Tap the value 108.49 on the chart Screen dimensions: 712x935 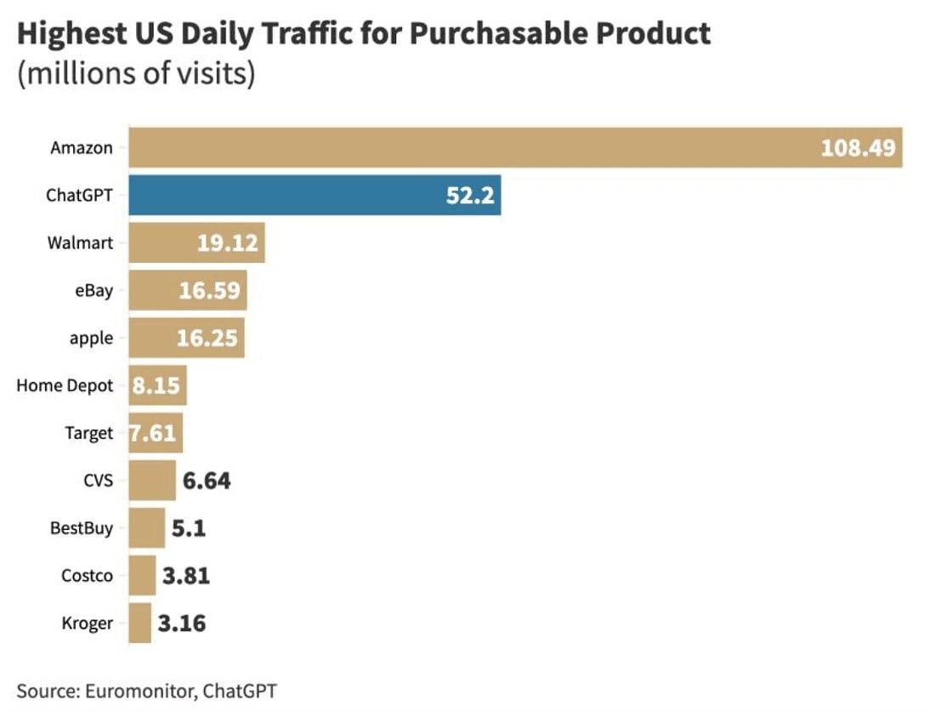[858, 148]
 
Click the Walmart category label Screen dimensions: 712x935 [80, 242]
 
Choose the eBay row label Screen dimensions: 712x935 [93, 290]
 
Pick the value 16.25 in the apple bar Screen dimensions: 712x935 [208, 338]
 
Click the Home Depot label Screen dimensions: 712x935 [65, 385]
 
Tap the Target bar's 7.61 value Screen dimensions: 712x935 [153, 433]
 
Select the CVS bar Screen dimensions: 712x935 [152, 481]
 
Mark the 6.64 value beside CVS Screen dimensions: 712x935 [207, 481]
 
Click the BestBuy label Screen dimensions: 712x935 [82, 528]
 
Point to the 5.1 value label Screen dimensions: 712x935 [189, 528]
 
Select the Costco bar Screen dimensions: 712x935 [143, 576]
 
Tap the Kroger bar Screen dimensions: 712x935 [140, 624]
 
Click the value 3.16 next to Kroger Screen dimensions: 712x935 [182, 624]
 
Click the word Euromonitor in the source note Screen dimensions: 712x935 [138, 691]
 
